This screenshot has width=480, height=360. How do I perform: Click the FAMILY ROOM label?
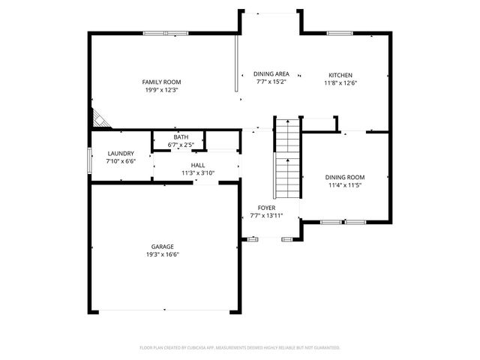tap(162, 82)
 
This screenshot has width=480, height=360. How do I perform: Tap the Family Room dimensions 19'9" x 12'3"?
tap(162, 90)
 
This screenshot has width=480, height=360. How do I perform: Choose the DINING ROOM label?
tap(344, 177)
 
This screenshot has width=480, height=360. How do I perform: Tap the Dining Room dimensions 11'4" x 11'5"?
tap(344, 185)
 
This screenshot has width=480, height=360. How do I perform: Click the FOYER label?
tap(266, 208)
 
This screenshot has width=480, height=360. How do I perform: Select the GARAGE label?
tap(163, 246)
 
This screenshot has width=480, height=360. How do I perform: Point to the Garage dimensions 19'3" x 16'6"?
tap(163, 254)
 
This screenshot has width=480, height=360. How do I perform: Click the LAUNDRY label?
tap(121, 153)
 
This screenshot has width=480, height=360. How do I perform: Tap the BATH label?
tap(181, 137)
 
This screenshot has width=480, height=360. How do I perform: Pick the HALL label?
tap(198, 165)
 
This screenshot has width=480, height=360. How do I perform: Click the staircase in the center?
tap(286, 157)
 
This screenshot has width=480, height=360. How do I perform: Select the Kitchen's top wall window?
tap(340, 33)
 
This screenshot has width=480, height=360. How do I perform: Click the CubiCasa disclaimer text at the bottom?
tap(240, 348)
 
